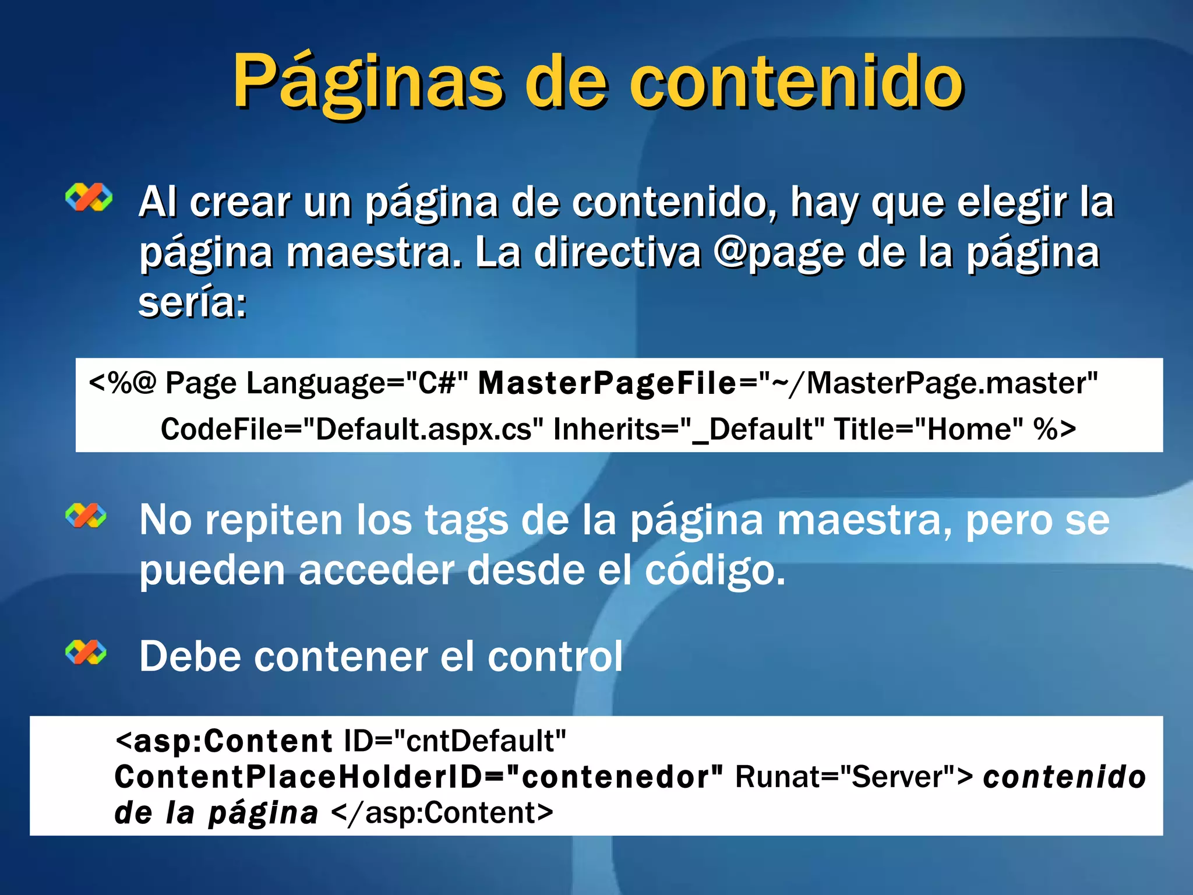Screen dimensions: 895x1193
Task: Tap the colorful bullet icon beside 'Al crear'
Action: click(89, 198)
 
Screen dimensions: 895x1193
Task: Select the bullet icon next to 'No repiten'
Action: click(86, 516)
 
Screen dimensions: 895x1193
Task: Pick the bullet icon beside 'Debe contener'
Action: click(86, 652)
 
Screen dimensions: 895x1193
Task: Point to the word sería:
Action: click(193, 303)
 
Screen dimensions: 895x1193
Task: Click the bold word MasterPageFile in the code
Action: click(607, 383)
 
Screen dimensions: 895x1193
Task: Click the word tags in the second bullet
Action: click(466, 520)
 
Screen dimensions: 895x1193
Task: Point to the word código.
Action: click(715, 570)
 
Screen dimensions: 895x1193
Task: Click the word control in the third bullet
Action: click(555, 657)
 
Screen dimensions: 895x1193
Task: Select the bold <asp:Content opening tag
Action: click(224, 741)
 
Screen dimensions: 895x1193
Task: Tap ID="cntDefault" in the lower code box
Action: click(455, 741)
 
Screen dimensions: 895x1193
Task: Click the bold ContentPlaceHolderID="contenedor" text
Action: click(418, 777)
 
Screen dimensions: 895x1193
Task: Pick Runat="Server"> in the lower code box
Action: click(854, 777)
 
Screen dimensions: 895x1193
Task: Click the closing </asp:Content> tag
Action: click(442, 813)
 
